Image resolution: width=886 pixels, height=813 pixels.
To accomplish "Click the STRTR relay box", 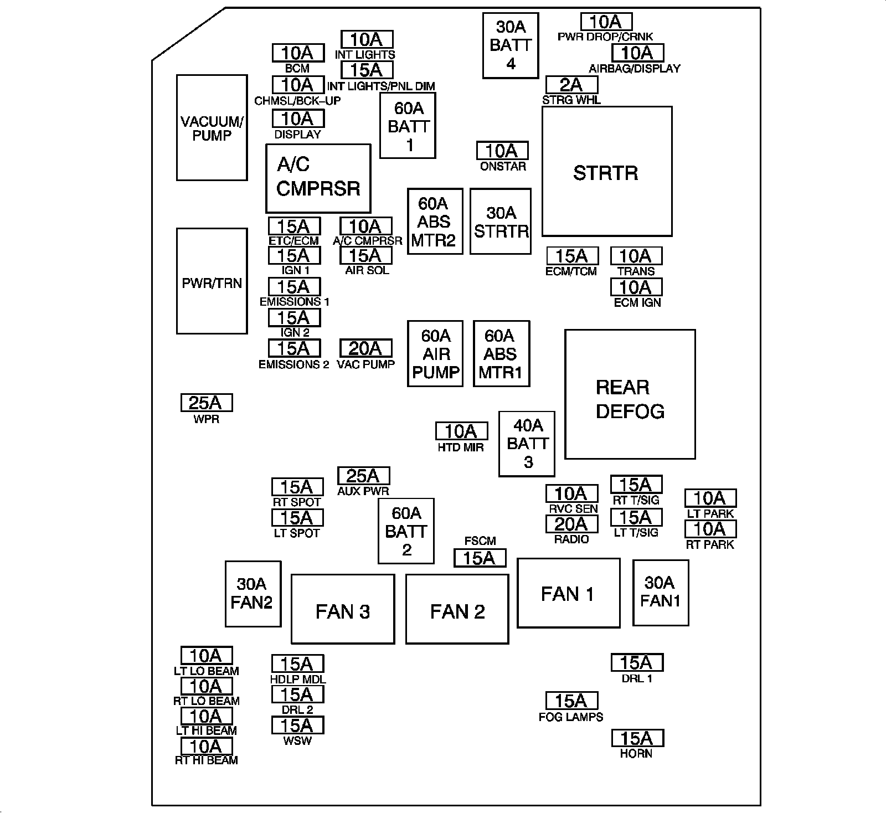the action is [x=607, y=172].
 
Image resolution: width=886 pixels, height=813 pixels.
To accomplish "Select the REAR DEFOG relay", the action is [x=630, y=394].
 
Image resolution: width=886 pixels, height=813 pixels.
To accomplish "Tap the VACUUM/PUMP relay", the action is [x=212, y=127].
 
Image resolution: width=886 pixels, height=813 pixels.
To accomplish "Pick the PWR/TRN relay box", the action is [x=212, y=281].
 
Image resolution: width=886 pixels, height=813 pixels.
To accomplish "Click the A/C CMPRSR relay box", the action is [x=318, y=178].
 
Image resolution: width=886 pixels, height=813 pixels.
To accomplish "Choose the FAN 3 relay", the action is [x=343, y=609].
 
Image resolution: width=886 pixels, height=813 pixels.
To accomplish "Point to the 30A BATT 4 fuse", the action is [x=511, y=45].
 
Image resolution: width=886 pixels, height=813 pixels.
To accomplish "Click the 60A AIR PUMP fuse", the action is [x=435, y=353].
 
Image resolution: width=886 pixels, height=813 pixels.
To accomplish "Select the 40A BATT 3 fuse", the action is [x=527, y=444].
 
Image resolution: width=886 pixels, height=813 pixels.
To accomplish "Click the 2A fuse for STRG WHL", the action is [x=572, y=84].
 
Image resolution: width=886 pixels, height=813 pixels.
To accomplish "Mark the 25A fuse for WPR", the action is [x=207, y=403].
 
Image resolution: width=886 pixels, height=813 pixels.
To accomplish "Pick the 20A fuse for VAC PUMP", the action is [x=365, y=348].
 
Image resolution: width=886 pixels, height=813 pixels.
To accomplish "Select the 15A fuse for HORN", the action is [x=637, y=738].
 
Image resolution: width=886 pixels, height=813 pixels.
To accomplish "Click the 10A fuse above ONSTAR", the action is [x=502, y=151].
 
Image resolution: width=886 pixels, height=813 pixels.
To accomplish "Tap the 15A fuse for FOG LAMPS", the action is [x=572, y=701].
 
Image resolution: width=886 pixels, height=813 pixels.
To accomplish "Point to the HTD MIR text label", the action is [x=461, y=447].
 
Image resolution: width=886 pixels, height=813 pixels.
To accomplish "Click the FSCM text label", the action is [x=480, y=541].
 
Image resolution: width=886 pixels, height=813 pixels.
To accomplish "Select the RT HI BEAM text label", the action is [x=207, y=760].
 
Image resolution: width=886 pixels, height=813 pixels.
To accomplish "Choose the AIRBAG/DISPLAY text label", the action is [x=635, y=69].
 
